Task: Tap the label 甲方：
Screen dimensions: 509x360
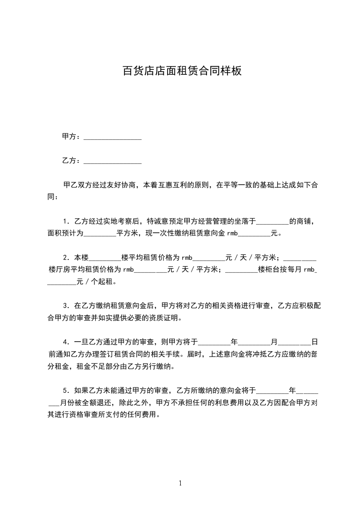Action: click(x=72, y=137)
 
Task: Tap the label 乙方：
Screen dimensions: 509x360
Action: click(x=72, y=161)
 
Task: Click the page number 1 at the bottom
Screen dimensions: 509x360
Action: click(x=180, y=483)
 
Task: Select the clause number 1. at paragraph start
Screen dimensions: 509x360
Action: click(x=66, y=221)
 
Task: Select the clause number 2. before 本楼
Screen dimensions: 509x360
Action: click(x=66, y=258)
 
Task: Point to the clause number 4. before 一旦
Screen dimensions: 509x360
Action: click(x=66, y=342)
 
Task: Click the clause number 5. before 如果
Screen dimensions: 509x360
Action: click(x=66, y=390)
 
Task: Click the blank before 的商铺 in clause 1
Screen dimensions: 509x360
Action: click(x=272, y=222)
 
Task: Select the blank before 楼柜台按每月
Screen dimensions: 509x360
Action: click(x=241, y=270)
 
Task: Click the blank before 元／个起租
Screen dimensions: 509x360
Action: click(x=62, y=283)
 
